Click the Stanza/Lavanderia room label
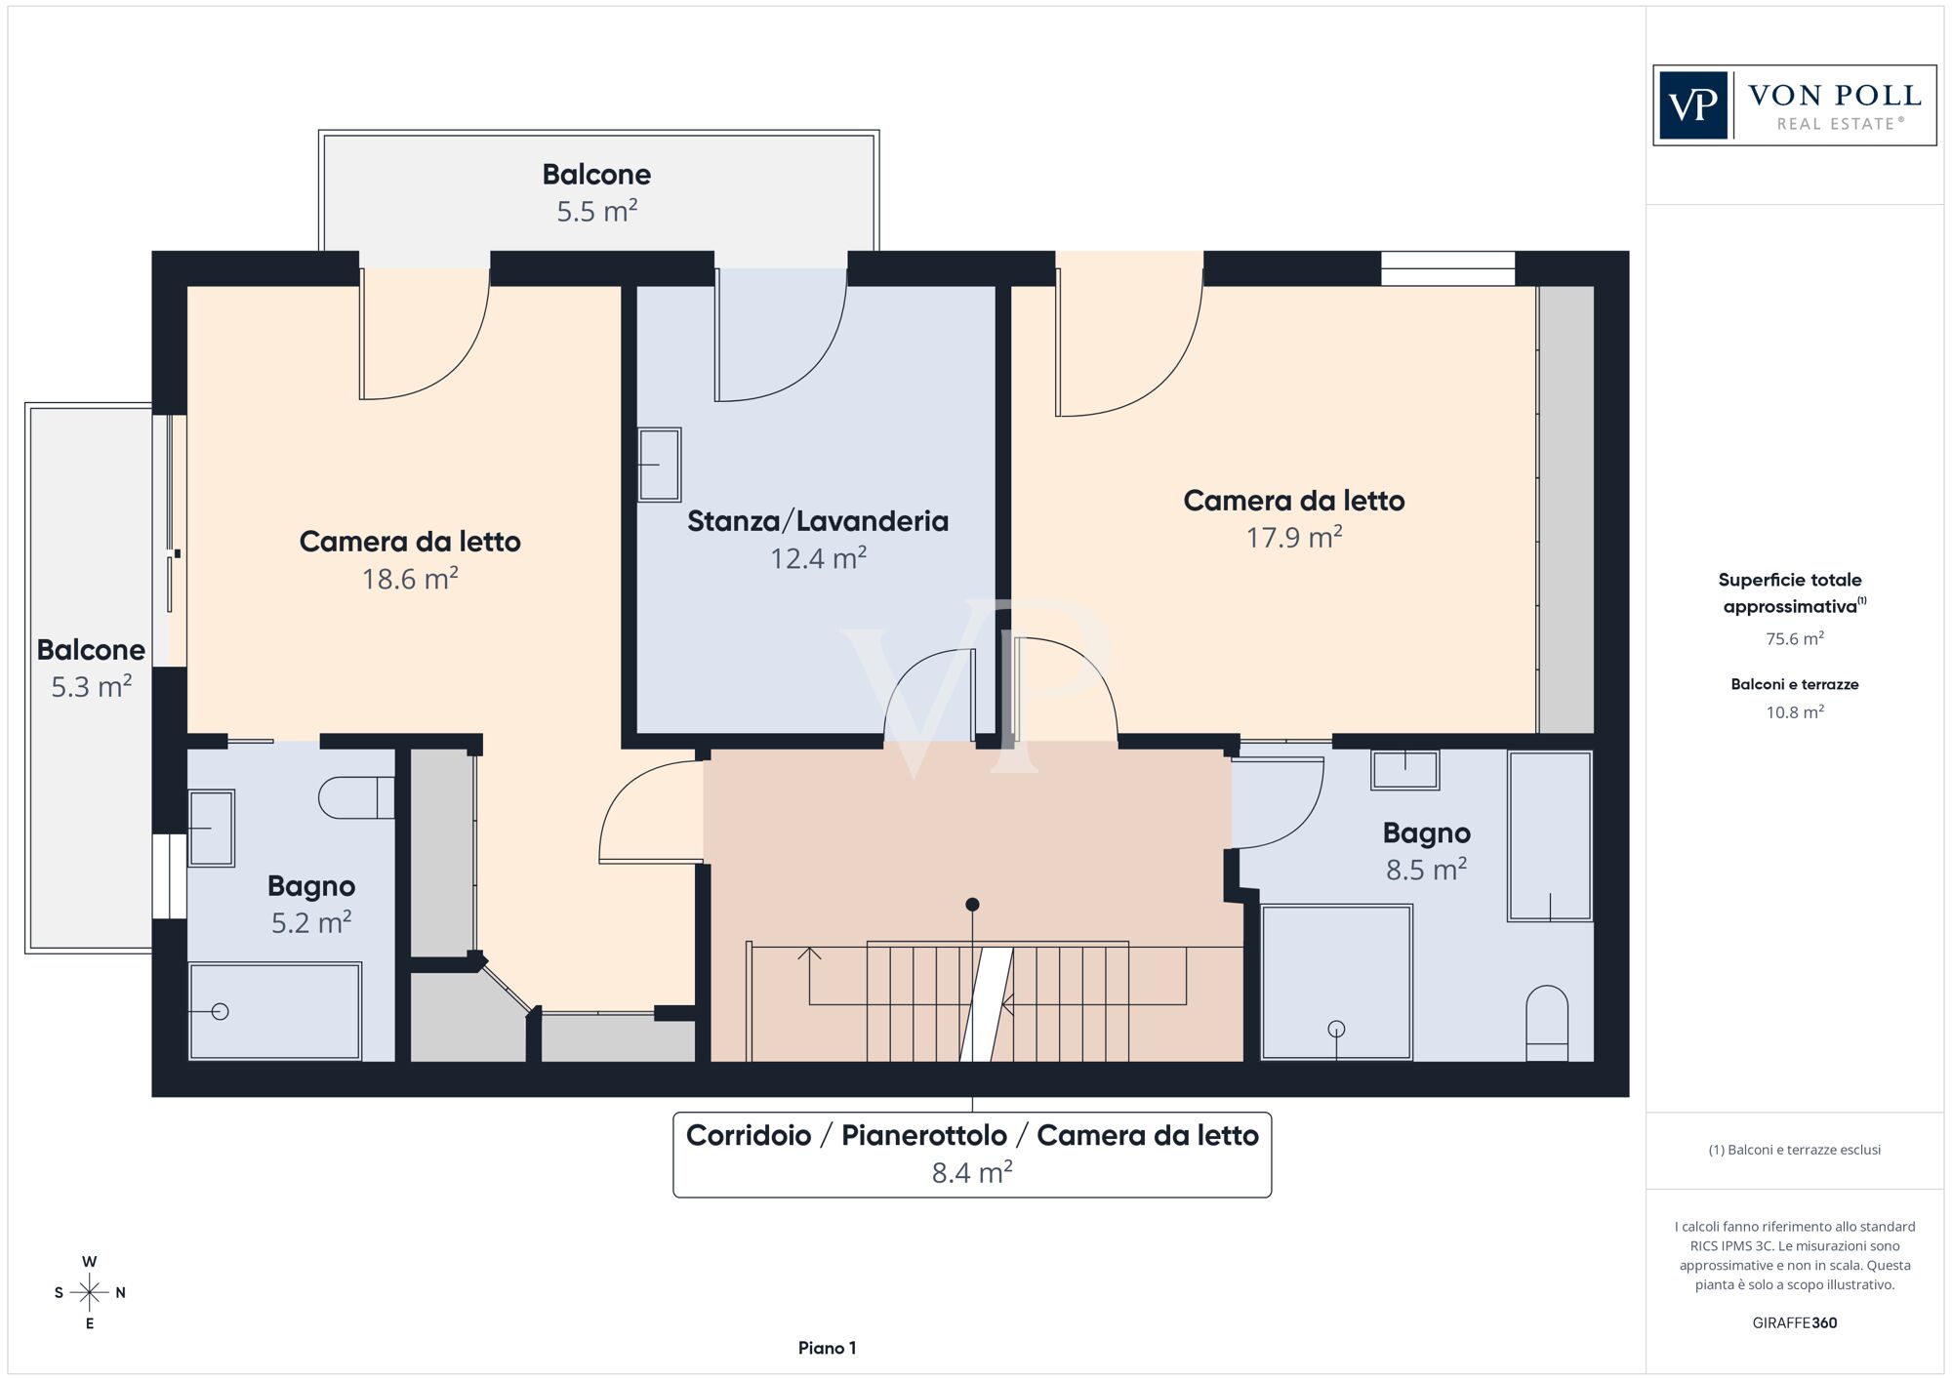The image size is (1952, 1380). pos(818,521)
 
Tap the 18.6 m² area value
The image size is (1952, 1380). pos(410,579)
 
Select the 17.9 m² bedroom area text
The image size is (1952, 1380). pos(1294,538)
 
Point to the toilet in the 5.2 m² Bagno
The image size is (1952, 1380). pos(356,797)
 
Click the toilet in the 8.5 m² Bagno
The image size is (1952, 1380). pos(1547,1023)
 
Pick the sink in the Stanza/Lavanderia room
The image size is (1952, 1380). pos(659,465)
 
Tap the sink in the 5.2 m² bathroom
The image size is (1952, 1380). pos(211,829)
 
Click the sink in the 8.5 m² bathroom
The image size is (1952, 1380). pos(1404,770)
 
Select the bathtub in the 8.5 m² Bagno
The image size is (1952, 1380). pos(1550,835)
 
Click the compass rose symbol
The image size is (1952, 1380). pos(90,1293)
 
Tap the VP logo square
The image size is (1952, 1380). pos(1693,105)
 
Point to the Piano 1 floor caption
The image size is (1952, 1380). pos(827,1348)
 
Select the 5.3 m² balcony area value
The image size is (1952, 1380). pos(91,687)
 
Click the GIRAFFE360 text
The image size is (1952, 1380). pos(1795,1323)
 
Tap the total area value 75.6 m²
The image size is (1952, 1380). pos(1795,639)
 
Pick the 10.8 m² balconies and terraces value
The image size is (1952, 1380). pos(1795,712)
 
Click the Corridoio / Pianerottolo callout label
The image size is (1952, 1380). pos(972,1136)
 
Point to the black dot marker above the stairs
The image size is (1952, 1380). pos(972,905)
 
